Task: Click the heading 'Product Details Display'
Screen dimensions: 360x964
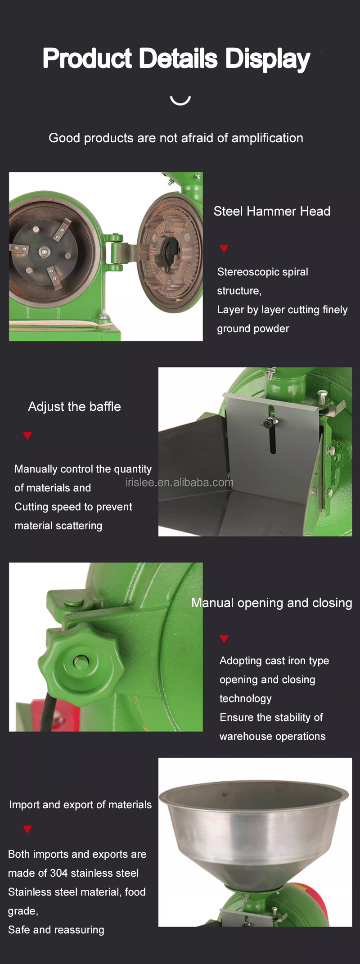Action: (176, 59)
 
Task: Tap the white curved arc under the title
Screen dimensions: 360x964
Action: (180, 102)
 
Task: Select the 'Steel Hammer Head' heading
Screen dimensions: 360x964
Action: (272, 211)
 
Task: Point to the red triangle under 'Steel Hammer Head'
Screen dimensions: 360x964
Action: (224, 248)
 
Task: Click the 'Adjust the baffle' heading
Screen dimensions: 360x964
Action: (74, 406)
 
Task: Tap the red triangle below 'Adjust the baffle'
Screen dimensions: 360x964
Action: (27, 436)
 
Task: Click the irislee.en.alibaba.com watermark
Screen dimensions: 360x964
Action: (180, 482)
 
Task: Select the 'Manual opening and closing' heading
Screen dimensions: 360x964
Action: (272, 603)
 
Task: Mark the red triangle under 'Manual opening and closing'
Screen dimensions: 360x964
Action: (224, 639)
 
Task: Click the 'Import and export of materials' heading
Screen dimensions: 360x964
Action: (80, 805)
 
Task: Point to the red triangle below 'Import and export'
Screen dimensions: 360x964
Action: (27, 829)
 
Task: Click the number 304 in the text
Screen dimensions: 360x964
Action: (59, 873)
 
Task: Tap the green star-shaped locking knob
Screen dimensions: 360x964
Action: (81, 661)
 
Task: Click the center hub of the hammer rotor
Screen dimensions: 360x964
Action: (44, 252)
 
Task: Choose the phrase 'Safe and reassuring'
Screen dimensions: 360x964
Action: (56, 930)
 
